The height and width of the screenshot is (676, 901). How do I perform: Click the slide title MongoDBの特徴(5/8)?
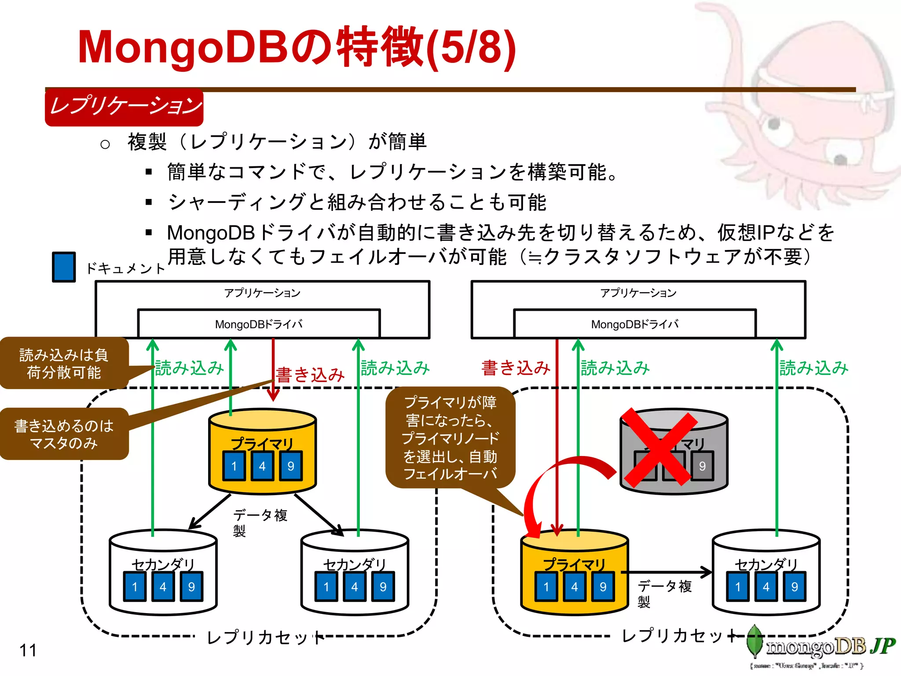(x=297, y=48)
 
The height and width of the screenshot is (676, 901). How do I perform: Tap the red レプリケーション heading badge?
(x=124, y=107)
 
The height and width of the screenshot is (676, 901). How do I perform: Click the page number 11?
(x=28, y=650)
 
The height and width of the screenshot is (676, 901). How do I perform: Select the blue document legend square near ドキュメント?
(x=64, y=267)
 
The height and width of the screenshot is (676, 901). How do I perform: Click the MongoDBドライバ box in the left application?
(x=259, y=324)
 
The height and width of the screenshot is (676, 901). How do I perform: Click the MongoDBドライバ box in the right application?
(x=634, y=324)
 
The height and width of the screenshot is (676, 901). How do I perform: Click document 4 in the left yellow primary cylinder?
(x=262, y=466)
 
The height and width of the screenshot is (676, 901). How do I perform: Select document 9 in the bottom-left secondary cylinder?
(x=191, y=587)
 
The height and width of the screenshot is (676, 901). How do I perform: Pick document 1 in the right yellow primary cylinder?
(x=546, y=587)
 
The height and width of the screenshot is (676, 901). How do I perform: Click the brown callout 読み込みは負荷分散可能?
(x=64, y=364)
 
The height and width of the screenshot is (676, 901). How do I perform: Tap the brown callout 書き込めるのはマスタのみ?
(x=64, y=434)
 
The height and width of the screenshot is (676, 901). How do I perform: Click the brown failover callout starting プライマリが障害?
(x=450, y=437)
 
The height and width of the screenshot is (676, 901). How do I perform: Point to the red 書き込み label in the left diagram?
(x=310, y=375)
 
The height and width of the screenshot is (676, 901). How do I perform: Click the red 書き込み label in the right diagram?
(x=516, y=368)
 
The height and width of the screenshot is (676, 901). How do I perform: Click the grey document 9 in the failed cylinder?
(x=702, y=466)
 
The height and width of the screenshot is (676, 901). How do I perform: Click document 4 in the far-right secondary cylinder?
(x=766, y=587)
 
